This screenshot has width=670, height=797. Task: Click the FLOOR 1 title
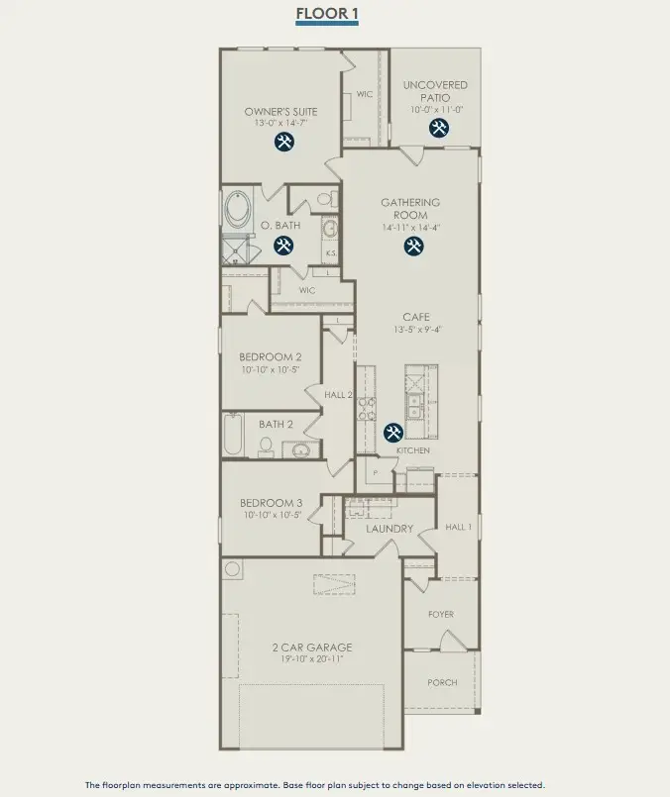(326, 14)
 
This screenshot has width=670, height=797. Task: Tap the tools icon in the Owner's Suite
(284, 142)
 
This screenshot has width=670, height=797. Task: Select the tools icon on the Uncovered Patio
(439, 128)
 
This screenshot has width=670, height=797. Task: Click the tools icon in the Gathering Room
(412, 246)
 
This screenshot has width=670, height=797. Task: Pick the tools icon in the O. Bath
(284, 246)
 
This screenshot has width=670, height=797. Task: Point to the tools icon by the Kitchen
(392, 433)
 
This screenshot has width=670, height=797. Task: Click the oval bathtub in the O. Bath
(238, 209)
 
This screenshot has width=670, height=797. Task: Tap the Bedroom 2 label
(270, 356)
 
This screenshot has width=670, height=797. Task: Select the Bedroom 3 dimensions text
(270, 515)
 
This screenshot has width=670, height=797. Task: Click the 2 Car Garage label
(312, 648)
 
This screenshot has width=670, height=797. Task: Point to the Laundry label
(390, 529)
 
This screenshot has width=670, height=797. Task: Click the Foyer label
(441, 614)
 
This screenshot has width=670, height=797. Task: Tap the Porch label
(442, 682)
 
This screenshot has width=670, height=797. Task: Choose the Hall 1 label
(458, 528)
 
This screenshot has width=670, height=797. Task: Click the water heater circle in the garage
(233, 569)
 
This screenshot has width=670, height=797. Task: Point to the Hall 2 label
(339, 395)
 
